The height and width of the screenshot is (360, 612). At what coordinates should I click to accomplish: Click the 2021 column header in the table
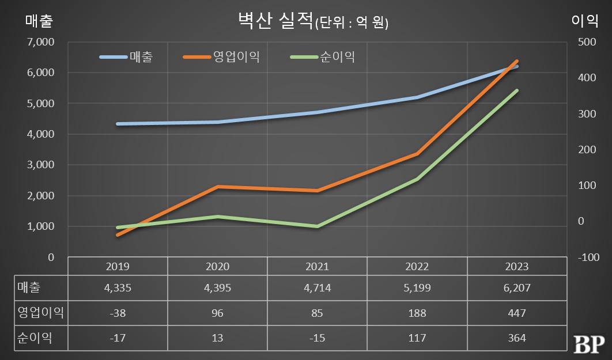click(317, 267)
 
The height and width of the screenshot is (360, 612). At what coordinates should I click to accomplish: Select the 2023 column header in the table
click(517, 267)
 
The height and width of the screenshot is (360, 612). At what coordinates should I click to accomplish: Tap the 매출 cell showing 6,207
click(517, 288)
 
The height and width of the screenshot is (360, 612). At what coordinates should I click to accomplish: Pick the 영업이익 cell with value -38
click(118, 313)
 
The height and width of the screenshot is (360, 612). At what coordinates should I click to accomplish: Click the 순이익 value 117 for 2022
click(417, 338)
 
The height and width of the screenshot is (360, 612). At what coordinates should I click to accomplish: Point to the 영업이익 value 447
click(517, 313)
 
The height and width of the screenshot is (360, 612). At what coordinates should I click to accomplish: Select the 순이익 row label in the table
click(35, 338)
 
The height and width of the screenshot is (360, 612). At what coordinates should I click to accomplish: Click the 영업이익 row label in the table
click(40, 313)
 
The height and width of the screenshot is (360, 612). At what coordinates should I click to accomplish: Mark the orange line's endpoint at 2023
click(517, 61)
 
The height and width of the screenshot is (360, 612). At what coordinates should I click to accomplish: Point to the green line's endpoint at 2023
click(517, 90)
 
